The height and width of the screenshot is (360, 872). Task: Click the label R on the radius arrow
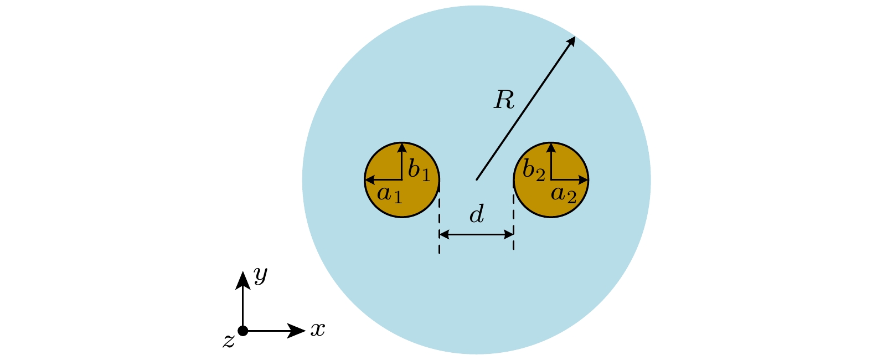(x=504, y=100)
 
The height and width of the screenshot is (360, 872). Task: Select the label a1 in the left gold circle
(x=390, y=195)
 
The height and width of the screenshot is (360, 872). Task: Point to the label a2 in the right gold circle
(x=564, y=195)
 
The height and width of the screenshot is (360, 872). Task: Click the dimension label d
(x=477, y=214)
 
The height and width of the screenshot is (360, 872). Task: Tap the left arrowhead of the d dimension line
(x=443, y=235)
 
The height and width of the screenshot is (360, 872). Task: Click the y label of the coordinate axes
(x=260, y=274)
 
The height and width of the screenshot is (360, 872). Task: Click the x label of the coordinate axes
(x=317, y=330)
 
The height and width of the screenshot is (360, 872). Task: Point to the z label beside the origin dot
(x=228, y=341)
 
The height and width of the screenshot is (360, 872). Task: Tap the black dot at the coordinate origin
(x=242, y=331)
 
